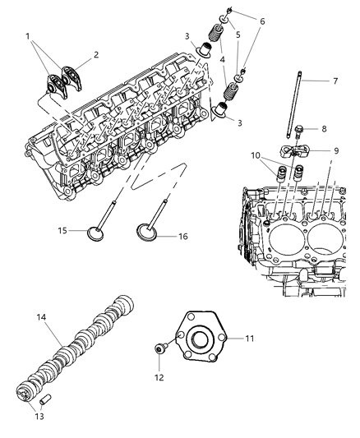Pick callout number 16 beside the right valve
(x=182, y=237)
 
